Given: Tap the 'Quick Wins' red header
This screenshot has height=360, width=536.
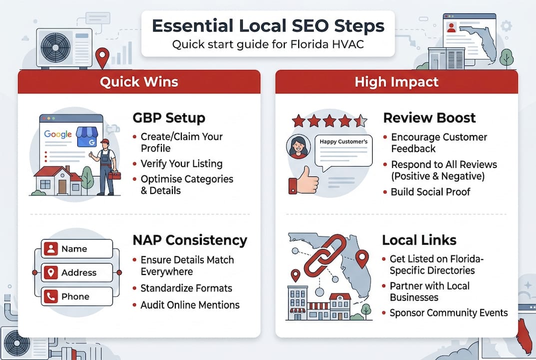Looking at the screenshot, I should click(139, 81).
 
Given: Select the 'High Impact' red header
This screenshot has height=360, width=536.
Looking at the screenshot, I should click(397, 81).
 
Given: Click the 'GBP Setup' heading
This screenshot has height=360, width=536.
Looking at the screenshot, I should click(169, 118).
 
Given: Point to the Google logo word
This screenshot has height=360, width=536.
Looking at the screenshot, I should click(58, 134).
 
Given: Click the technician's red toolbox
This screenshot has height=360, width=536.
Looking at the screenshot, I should click(114, 174).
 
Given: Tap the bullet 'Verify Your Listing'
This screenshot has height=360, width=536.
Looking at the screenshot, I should click(181, 163).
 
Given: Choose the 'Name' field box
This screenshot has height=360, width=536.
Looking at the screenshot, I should click(77, 249).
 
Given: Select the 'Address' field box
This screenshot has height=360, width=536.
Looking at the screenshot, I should click(77, 273).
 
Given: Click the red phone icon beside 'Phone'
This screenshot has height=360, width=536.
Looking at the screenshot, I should click(50, 296).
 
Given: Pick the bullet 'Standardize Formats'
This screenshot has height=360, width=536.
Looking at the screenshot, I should click(186, 288).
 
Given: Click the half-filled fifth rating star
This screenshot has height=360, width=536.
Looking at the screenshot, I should click(360, 120).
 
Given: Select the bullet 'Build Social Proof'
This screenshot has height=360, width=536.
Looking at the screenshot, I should click(430, 192).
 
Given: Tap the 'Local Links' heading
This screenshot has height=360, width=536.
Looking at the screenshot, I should click(419, 240).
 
